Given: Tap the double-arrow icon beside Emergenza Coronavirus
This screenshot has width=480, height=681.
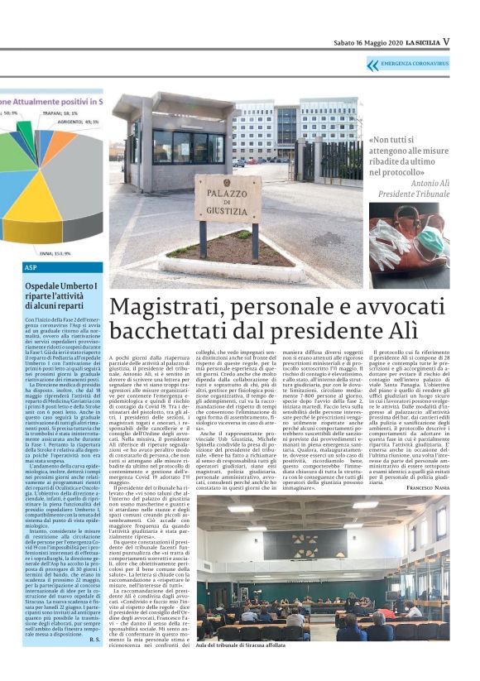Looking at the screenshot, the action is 372,64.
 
